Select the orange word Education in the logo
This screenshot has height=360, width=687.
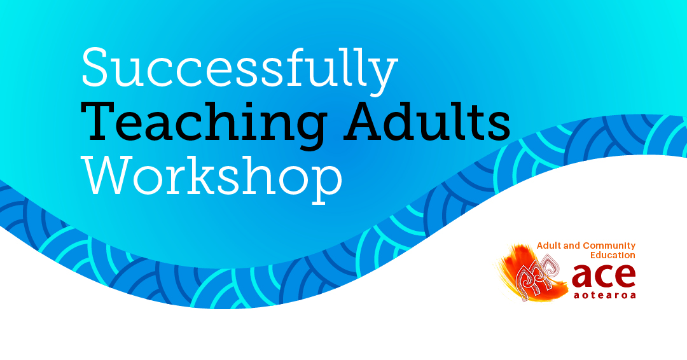pyautogui.click(x=611, y=254)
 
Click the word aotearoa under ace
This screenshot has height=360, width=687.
pyautogui.click(x=604, y=294)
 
